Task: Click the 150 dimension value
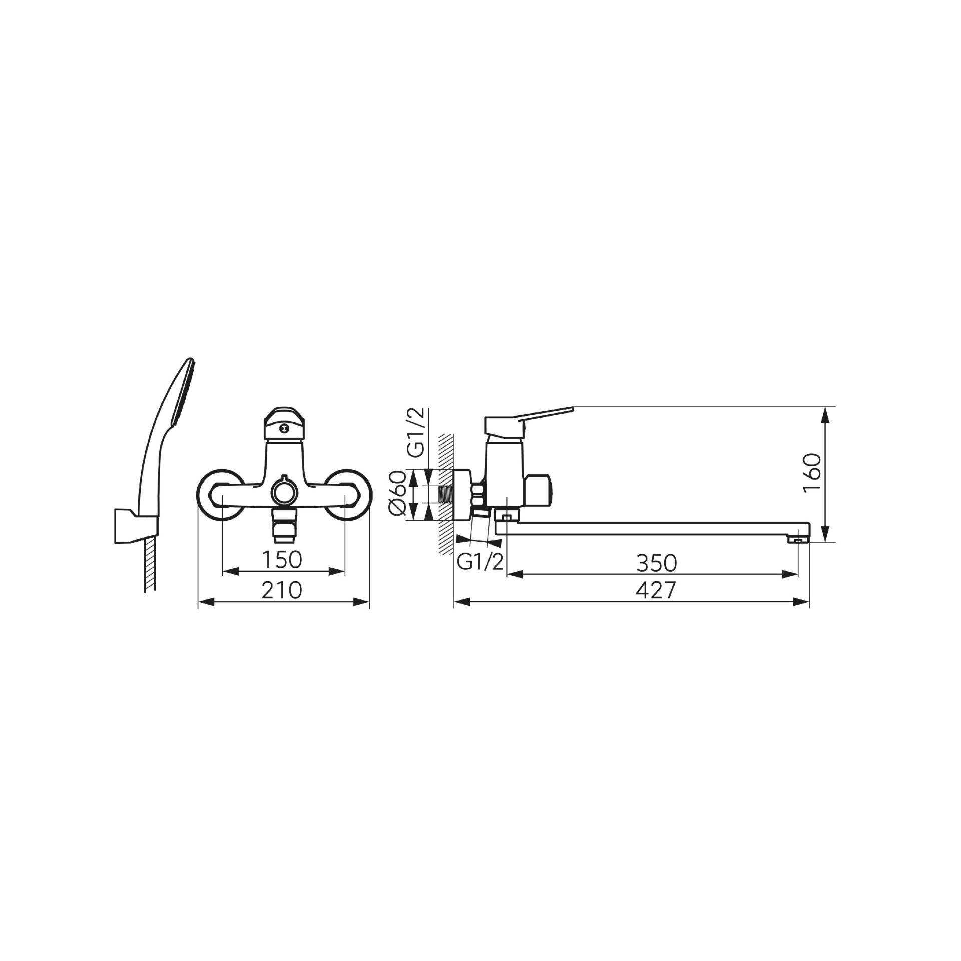(x=283, y=560)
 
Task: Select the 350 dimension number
(x=657, y=563)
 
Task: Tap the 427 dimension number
(x=656, y=590)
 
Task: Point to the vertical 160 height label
(x=812, y=473)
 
